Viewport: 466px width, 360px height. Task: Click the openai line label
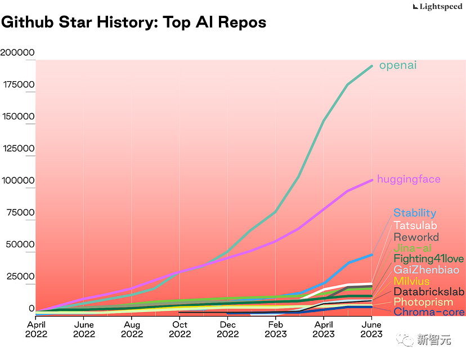pyautogui.click(x=398, y=65)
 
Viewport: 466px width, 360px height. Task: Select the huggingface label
pyautogui.click(x=409, y=179)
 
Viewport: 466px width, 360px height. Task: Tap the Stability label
pyautogui.click(x=415, y=213)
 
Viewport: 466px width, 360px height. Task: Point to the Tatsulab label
pyautogui.click(x=415, y=225)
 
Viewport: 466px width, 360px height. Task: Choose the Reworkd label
pyautogui.click(x=416, y=237)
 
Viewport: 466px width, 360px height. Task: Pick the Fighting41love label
pyautogui.click(x=429, y=259)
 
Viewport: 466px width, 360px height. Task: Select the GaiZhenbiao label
pyautogui.click(x=426, y=270)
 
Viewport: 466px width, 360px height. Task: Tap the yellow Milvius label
pyautogui.click(x=411, y=281)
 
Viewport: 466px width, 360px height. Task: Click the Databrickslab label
pyautogui.click(x=429, y=291)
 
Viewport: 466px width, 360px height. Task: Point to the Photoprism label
pyautogui.click(x=423, y=302)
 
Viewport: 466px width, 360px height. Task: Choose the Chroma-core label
pyautogui.click(x=429, y=312)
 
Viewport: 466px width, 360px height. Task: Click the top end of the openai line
pyautogui.click(x=372, y=66)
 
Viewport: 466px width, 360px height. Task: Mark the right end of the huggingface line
pyautogui.click(x=372, y=180)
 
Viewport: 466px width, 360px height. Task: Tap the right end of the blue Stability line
pyautogui.click(x=372, y=255)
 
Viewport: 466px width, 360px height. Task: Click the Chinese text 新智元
pyautogui.click(x=434, y=339)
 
